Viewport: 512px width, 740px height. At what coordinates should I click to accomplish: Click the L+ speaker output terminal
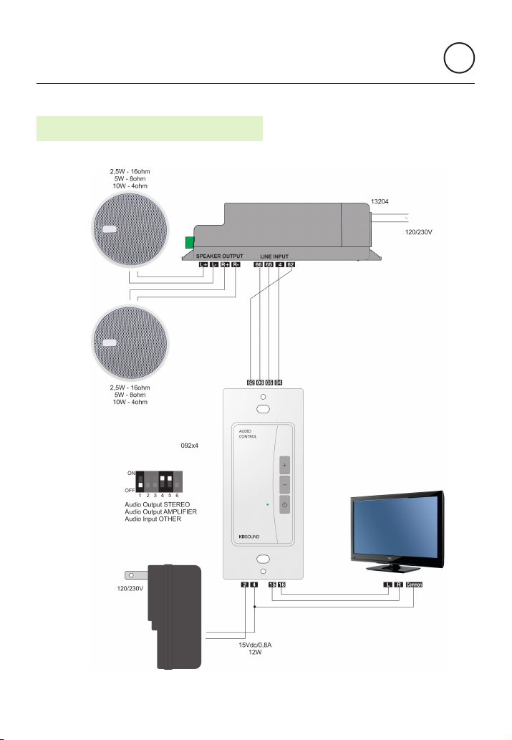tap(203, 265)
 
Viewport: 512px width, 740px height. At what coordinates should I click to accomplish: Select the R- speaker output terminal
tap(236, 265)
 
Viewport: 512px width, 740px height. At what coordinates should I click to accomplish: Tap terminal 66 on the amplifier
tap(258, 265)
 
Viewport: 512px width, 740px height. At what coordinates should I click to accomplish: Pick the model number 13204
tap(380, 203)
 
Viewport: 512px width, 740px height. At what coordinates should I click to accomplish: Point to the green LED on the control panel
tap(267, 505)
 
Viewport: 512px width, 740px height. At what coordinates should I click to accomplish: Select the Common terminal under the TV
tap(415, 585)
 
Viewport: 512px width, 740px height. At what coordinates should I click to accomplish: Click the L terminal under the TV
tap(387, 585)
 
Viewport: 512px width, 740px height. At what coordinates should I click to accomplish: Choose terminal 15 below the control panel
tap(272, 585)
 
